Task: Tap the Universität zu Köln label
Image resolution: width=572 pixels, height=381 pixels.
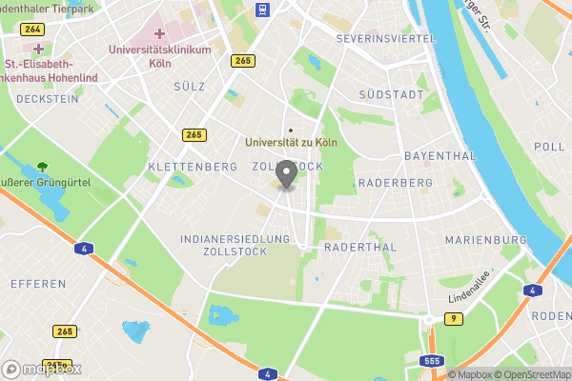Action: coord(292,142)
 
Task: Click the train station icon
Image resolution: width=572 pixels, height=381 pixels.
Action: coord(261,10)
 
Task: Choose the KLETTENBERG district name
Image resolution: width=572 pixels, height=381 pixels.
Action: coord(193,167)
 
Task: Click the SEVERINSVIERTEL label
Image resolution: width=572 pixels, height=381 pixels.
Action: coord(385,39)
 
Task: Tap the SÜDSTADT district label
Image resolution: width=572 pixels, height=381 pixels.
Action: coord(390,95)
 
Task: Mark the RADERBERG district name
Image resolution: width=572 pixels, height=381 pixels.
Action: coord(390,179)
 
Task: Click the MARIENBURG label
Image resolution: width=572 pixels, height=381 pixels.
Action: coord(486,239)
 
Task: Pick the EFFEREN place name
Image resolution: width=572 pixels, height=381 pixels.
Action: coord(38,284)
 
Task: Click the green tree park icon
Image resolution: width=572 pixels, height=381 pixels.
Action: coord(42,167)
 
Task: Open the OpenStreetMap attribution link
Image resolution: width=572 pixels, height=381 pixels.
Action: coord(530,374)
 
